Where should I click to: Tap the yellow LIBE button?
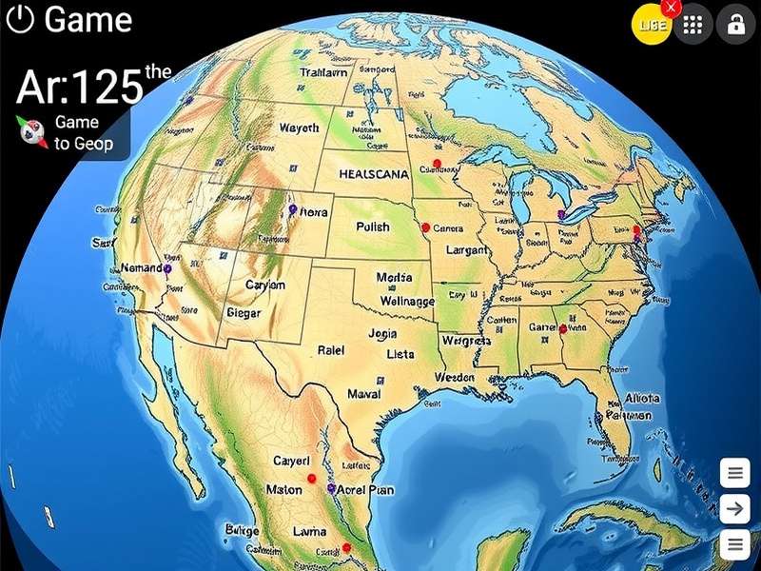coord(652,25)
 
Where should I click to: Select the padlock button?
coord(735,26)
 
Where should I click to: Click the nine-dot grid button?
coord(693,26)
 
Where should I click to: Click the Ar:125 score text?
coord(80,88)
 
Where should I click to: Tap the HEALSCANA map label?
coord(374,175)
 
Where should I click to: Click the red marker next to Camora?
coord(425,228)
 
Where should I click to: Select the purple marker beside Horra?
coord(292,208)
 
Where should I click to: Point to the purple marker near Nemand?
coord(167,269)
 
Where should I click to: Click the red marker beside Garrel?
coord(562,329)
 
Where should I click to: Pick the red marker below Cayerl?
coord(312,479)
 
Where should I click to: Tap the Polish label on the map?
coord(373,228)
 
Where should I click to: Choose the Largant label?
coord(460,250)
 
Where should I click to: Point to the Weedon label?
coord(454,377)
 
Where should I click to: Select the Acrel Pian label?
coord(366,489)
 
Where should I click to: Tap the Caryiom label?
coord(265,285)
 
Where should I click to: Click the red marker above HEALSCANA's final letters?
coord(437,164)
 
